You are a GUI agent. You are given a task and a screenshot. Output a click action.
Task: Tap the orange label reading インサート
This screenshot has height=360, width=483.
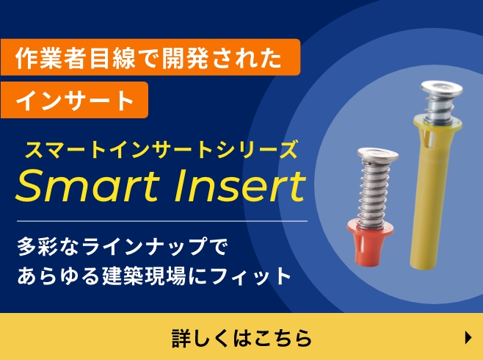(x=75, y=101)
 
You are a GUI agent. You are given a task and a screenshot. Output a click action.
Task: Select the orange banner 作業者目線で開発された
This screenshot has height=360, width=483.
(x=150, y=57)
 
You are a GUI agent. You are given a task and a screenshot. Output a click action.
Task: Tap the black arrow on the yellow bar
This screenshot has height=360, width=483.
(x=468, y=337)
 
